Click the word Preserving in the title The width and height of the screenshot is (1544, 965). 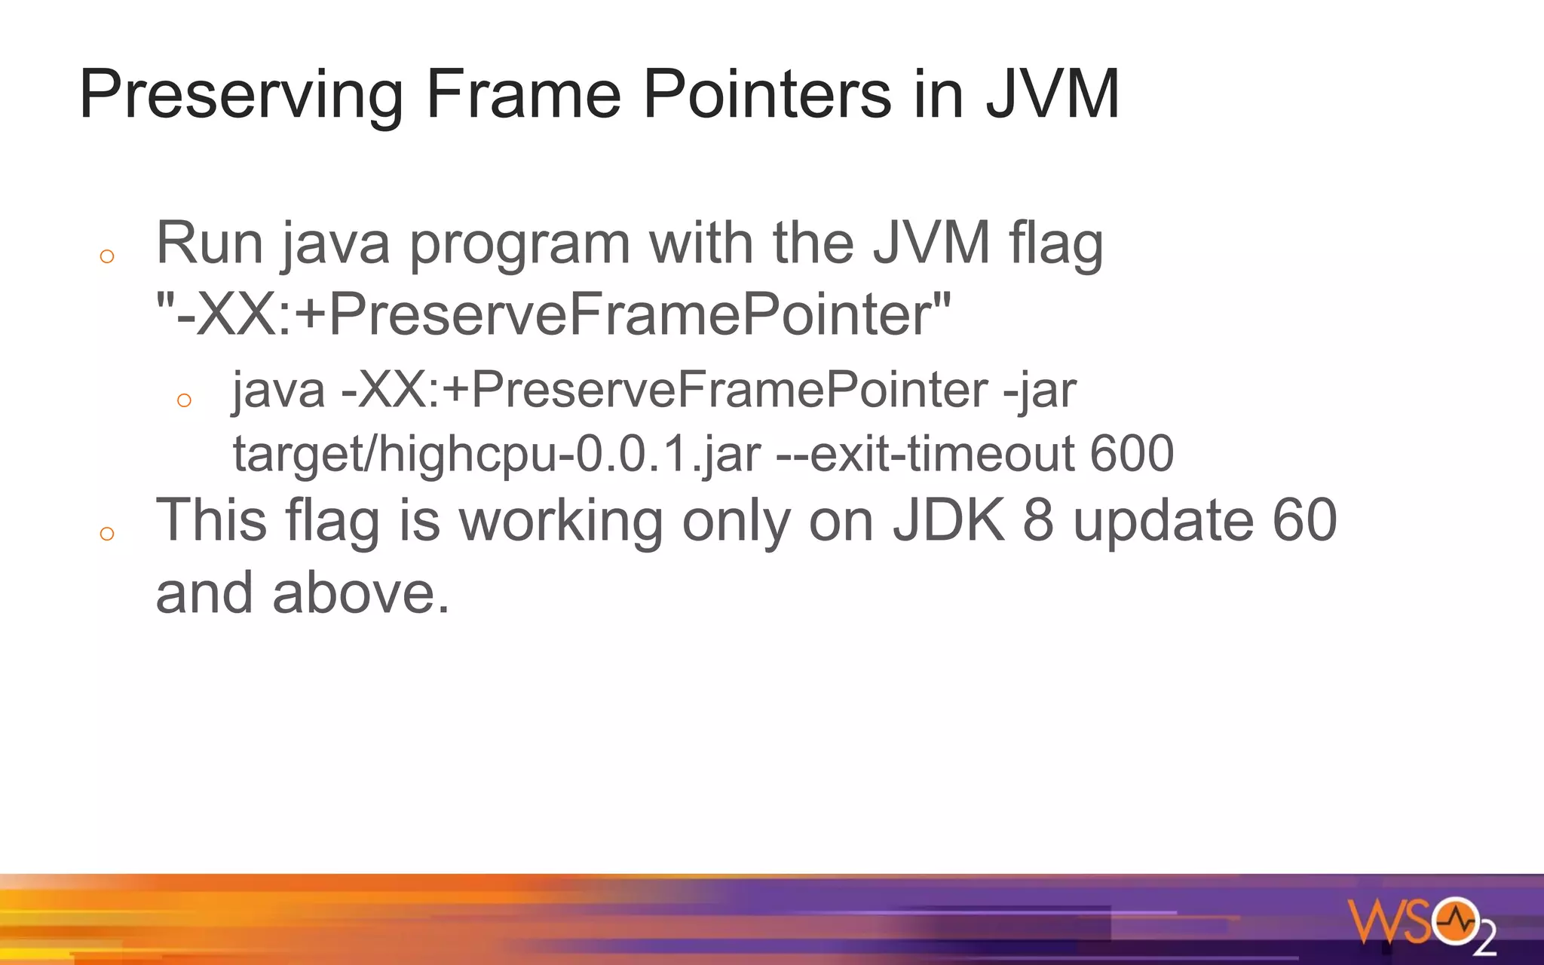240,96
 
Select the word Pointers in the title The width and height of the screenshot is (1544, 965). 767,94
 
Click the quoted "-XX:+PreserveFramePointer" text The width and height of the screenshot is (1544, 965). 553,314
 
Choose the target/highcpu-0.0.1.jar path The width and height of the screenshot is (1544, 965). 497,455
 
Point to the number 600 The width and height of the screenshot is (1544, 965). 1132,453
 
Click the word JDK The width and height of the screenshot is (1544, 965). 949,520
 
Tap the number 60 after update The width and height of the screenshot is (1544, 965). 1304,520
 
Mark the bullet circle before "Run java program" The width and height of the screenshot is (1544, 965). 107,256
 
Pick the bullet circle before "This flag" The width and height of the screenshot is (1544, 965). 107,534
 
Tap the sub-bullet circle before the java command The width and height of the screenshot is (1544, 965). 184,400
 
